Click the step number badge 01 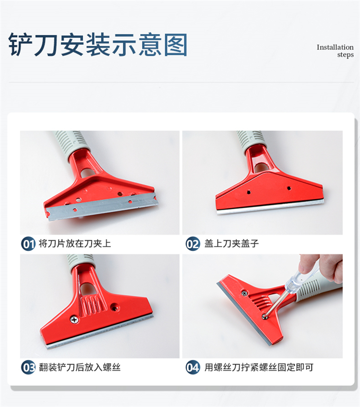[x=28, y=244]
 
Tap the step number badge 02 [x=193, y=244]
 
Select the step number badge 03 [x=28, y=367]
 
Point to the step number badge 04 [x=193, y=367]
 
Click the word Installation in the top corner [x=335, y=47]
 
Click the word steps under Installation [x=345, y=55]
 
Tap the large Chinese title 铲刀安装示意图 [x=98, y=45]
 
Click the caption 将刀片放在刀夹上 [x=75, y=243]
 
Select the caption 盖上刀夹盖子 [x=231, y=243]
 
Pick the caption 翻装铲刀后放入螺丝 [x=80, y=367]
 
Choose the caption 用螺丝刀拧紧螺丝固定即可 [x=259, y=367]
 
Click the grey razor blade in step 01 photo [x=102, y=206]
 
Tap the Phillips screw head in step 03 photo [x=74, y=320]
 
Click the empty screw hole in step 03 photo [x=114, y=308]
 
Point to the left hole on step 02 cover [x=249, y=192]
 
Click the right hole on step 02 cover [x=289, y=188]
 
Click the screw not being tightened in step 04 [x=244, y=293]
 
